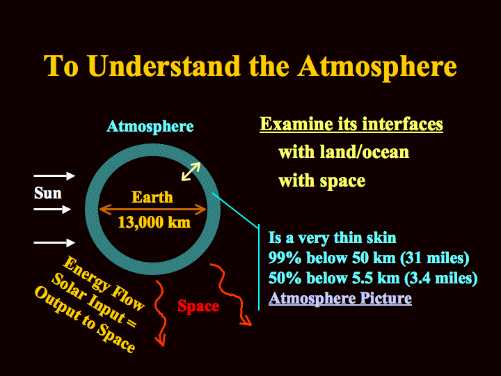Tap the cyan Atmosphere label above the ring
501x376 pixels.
(x=150, y=127)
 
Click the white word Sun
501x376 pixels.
(x=48, y=193)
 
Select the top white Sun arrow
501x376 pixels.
(x=54, y=175)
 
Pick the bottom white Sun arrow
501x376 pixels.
(x=54, y=243)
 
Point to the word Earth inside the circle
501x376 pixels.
(x=152, y=197)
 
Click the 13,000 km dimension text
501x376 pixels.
(x=154, y=222)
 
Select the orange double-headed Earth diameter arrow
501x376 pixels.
(x=152, y=210)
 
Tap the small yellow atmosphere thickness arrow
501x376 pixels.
(x=191, y=172)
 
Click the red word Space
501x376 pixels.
(x=198, y=306)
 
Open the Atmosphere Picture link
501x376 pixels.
(x=340, y=298)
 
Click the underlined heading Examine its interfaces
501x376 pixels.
(x=351, y=124)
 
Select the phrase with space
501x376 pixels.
(x=321, y=181)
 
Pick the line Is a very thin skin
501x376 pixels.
(x=333, y=238)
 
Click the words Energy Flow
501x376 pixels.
(x=103, y=283)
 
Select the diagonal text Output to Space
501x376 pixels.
(x=85, y=318)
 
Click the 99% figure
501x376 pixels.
(x=285, y=258)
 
